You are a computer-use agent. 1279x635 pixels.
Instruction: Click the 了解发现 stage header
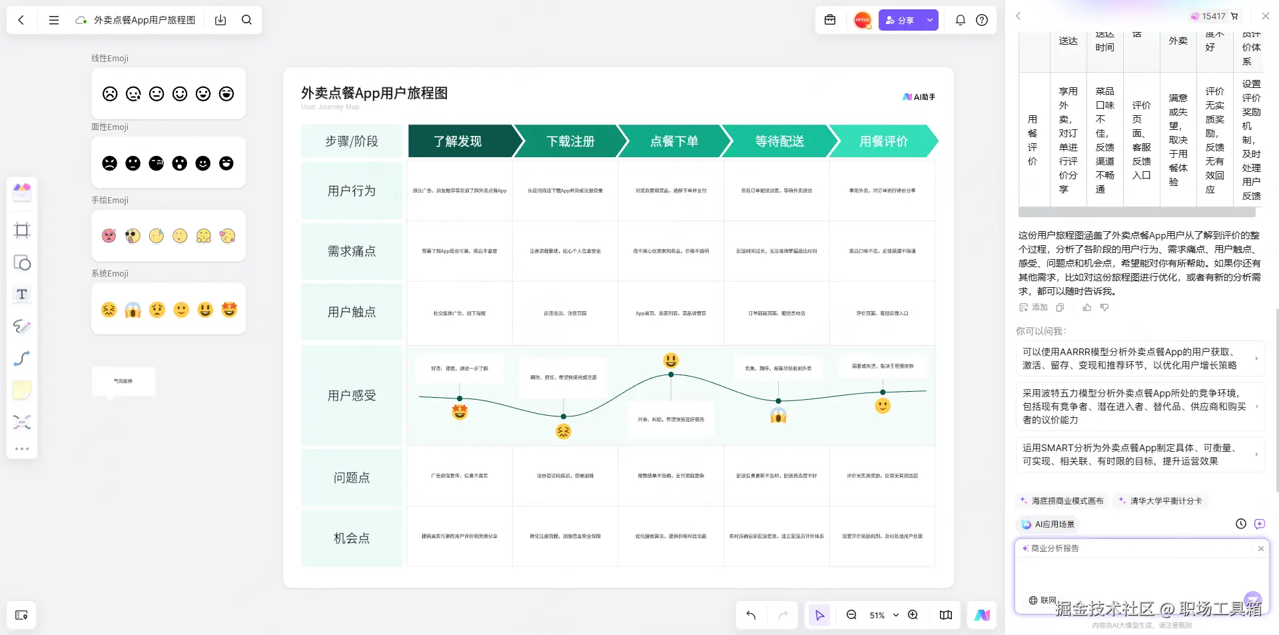point(458,141)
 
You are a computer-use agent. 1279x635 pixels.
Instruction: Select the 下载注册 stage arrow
point(570,141)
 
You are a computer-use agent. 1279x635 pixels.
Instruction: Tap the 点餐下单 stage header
point(674,141)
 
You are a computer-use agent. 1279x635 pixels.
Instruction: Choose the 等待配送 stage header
point(779,141)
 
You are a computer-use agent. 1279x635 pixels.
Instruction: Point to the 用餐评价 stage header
point(883,141)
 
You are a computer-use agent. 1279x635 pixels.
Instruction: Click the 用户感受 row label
point(352,396)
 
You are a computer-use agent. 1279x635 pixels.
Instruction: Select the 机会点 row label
point(352,538)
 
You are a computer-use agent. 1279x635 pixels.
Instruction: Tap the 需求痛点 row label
point(352,251)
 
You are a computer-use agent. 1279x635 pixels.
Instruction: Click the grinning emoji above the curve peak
point(671,360)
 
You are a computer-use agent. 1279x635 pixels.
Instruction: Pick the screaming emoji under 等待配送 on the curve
point(778,416)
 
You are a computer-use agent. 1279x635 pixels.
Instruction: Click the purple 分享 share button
point(900,21)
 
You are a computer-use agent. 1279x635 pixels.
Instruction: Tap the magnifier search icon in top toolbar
point(246,20)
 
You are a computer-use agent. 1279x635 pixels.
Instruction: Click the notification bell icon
point(960,20)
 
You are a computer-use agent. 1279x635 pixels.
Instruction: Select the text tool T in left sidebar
point(22,295)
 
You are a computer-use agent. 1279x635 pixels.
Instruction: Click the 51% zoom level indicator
point(877,616)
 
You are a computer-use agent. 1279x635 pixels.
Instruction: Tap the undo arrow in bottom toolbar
point(751,616)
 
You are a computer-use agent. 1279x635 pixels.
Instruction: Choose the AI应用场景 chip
point(1049,524)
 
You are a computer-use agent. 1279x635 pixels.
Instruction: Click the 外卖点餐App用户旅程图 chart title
point(374,93)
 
